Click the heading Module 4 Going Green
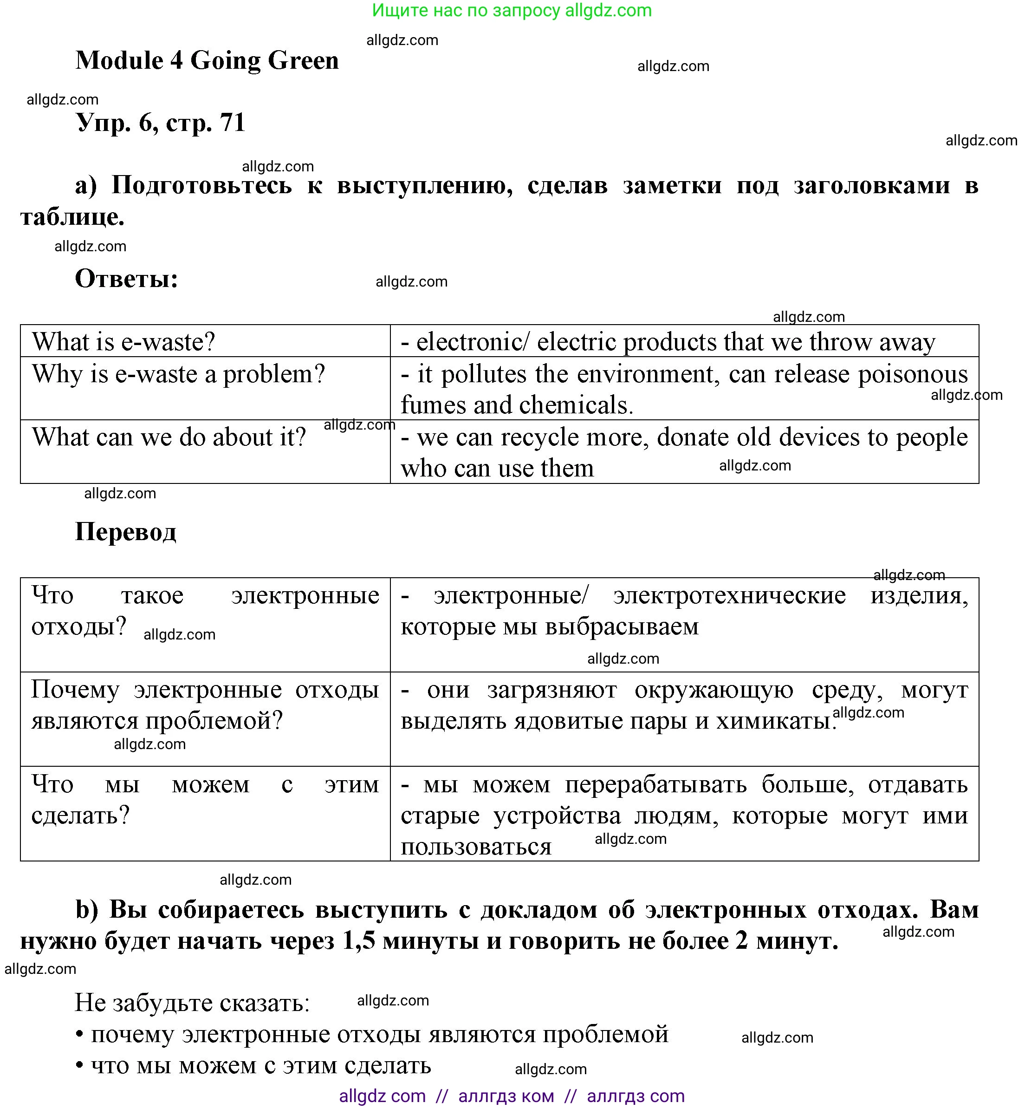coord(207,60)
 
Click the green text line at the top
coord(512,10)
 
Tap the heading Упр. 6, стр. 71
coord(160,123)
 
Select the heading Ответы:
coord(126,279)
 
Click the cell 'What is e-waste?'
coord(123,342)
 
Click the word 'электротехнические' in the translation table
coord(729,595)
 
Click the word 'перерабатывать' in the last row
coord(655,784)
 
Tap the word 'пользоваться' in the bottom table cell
coord(476,847)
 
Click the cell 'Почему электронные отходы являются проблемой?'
coord(205,705)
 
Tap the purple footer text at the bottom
coord(512,1096)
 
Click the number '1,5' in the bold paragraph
coord(358,941)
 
